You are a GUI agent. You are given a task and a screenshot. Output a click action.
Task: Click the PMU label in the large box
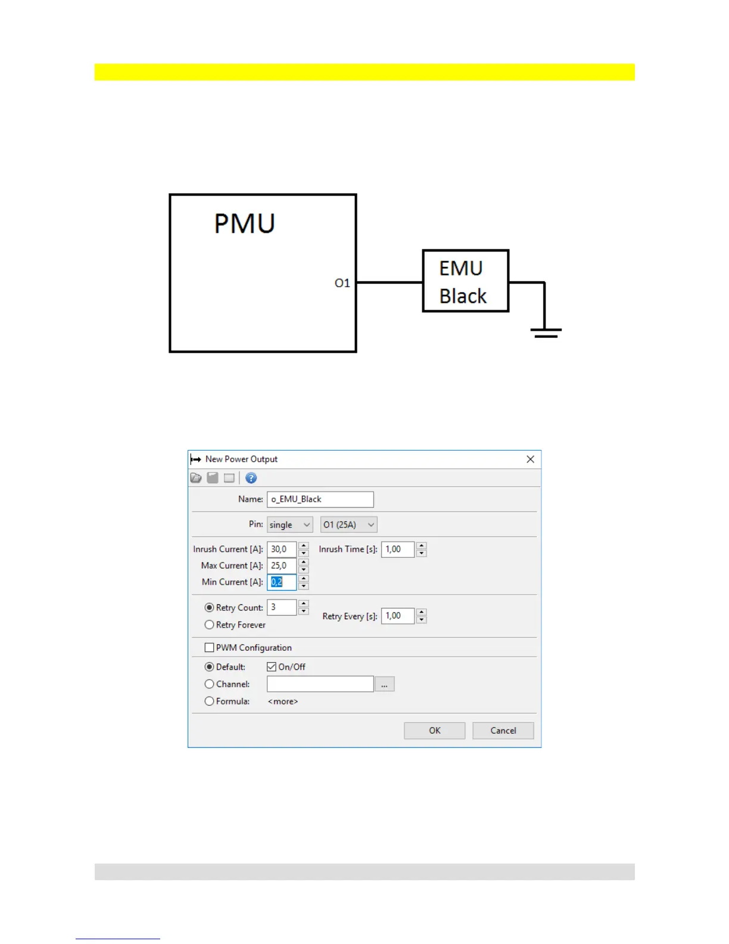(x=244, y=224)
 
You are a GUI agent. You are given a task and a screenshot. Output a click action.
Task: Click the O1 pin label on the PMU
(x=342, y=283)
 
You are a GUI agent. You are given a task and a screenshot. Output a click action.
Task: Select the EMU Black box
(x=465, y=281)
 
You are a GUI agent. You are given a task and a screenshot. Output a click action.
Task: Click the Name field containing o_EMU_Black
(x=320, y=499)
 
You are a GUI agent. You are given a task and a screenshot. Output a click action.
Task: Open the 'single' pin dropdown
(x=289, y=525)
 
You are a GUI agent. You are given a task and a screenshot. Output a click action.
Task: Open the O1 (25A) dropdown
(x=348, y=525)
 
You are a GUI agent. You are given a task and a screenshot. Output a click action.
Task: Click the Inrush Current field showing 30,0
(x=281, y=549)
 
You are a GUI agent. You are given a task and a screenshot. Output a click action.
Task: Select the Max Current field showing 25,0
(x=281, y=566)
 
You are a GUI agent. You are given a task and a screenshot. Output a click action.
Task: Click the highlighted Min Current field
(x=281, y=582)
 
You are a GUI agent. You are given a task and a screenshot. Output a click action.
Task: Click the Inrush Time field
(x=397, y=549)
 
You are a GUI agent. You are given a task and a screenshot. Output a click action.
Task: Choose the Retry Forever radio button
(x=209, y=625)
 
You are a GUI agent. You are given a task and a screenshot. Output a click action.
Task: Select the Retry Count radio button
(x=209, y=608)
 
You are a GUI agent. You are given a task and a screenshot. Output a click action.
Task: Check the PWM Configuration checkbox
(x=209, y=648)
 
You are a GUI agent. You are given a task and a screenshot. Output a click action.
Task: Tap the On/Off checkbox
(x=272, y=667)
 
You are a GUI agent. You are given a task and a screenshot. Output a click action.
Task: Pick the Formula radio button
(x=209, y=701)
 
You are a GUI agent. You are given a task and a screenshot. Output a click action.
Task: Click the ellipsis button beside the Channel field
(x=384, y=685)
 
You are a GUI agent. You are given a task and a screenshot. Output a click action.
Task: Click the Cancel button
(x=503, y=731)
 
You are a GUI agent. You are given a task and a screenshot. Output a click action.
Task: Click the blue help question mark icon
(x=251, y=478)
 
